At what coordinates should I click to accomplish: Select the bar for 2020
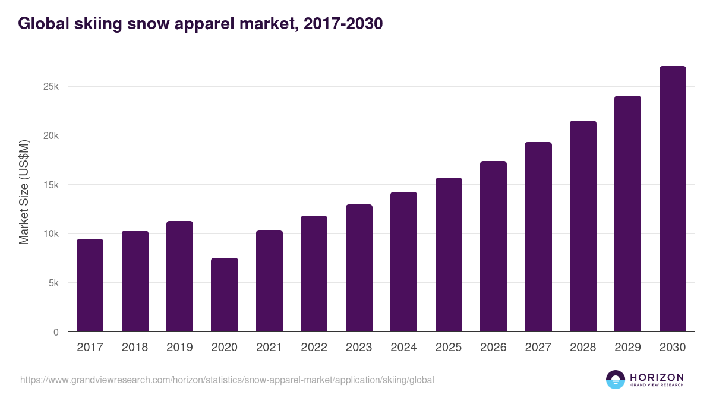coord(225,295)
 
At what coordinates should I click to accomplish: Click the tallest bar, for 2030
coord(673,199)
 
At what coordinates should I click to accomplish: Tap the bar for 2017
coord(90,286)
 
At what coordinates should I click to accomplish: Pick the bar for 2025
coord(449,255)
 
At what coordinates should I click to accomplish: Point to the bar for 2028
coord(583,226)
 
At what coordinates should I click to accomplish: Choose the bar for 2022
coord(314,274)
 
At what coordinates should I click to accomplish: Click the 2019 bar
coord(179,277)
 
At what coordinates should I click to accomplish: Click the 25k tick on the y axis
coord(51,87)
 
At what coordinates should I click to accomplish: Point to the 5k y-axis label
coord(53,283)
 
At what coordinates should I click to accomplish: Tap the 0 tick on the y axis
coord(56,333)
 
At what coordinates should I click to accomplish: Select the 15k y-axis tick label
coord(51,185)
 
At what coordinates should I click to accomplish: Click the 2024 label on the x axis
coord(403,348)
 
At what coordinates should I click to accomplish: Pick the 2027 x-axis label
coord(538,348)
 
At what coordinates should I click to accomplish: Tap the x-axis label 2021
coord(269,348)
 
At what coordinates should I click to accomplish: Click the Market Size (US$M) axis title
coord(24,192)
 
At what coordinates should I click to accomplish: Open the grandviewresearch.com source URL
coord(227,380)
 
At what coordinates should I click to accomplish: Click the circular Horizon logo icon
coord(616,380)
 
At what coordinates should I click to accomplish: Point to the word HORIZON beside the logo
coord(657,377)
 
